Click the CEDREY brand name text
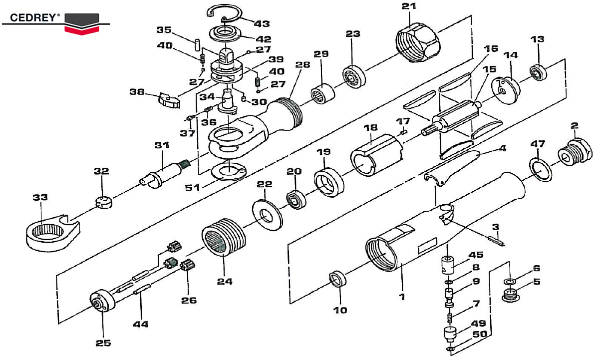pyautogui.click(x=31, y=17)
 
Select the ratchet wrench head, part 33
pyautogui.click(x=50, y=232)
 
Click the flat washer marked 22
pyautogui.click(x=268, y=214)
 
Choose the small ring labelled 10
pyautogui.click(x=338, y=280)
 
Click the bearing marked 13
pyautogui.click(x=539, y=73)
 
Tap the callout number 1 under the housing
pyautogui.click(x=401, y=297)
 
